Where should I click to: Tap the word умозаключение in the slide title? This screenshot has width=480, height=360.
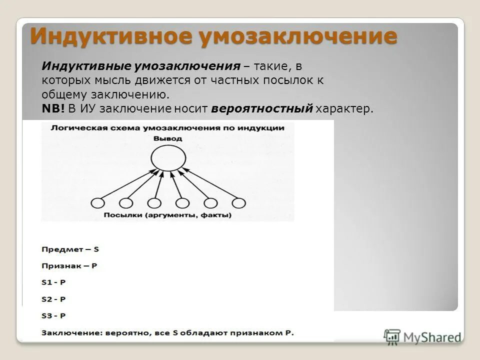tap(298, 37)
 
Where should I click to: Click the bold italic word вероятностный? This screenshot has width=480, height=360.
tap(262, 109)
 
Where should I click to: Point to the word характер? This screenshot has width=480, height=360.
tap(344, 109)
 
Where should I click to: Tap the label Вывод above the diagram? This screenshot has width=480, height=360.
tap(167, 138)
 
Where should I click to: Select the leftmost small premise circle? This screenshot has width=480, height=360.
tap(98, 203)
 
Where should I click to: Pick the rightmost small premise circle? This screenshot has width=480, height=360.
tap(239, 203)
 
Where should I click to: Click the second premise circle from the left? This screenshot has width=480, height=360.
tap(126, 203)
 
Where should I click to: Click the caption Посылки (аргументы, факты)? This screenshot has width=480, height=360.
tap(167, 215)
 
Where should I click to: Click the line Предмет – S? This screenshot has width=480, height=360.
tap(70, 248)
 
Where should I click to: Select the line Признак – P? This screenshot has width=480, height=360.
tap(69, 266)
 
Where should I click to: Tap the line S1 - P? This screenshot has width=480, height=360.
tap(53, 282)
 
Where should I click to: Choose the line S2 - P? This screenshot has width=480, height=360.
tap(53, 299)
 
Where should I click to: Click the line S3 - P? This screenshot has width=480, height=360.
tap(53, 315)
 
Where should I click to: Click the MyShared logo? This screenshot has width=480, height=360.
tap(422, 337)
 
